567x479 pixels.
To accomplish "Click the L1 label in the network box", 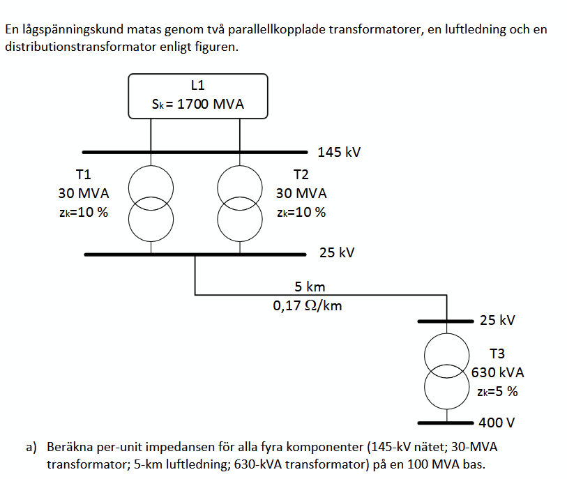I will tap(198, 86).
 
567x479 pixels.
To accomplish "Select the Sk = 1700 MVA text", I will tap(198, 105).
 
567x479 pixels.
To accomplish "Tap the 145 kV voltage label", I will tap(339, 152).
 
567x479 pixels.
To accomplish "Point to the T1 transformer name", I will tap(83, 174).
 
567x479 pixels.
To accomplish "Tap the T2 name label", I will tap(301, 174).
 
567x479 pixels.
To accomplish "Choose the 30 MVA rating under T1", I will tap(83, 193).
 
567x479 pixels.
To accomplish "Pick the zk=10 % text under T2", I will tap(301, 213).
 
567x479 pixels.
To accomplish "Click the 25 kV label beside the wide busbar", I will tap(337, 252).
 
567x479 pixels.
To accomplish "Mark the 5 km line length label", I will tap(310, 287).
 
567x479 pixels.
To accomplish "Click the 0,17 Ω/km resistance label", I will tap(308, 305).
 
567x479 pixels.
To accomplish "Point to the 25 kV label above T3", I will tap(497, 321).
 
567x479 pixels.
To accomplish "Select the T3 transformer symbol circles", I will tap(447, 372).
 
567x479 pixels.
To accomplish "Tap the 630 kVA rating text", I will tap(497, 372).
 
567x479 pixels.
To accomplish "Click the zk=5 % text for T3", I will tap(497, 391).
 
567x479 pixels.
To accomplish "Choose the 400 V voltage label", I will tap(496, 423).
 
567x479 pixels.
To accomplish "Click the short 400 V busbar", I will tap(446, 423).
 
